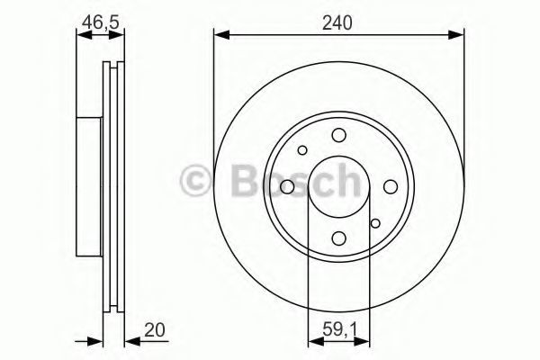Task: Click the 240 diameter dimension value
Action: (x=337, y=23)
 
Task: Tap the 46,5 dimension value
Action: (x=100, y=22)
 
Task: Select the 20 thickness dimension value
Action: (x=155, y=329)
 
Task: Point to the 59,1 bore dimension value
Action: (x=339, y=330)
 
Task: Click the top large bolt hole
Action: (x=339, y=135)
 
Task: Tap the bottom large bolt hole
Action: (x=339, y=238)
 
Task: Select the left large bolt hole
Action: (x=287, y=186)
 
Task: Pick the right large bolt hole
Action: (x=391, y=186)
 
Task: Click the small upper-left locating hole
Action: (x=302, y=150)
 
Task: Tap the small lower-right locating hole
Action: (x=375, y=223)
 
